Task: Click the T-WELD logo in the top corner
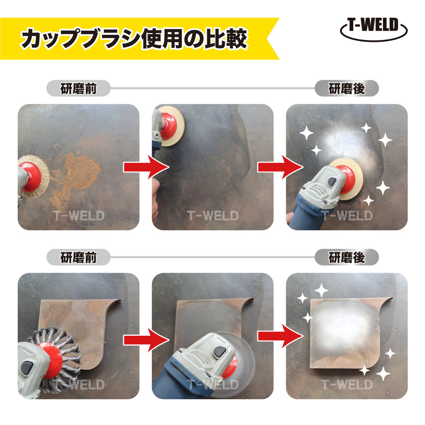click(373, 29)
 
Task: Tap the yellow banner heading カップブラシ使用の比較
click(135, 38)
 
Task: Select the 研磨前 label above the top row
click(78, 88)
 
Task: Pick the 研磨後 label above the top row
click(346, 88)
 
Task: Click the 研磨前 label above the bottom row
click(78, 257)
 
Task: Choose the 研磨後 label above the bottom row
click(346, 257)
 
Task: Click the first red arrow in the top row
click(146, 167)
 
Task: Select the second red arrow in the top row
click(280, 167)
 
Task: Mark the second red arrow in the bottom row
click(280, 337)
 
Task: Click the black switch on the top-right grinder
click(332, 182)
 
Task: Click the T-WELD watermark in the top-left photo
click(79, 216)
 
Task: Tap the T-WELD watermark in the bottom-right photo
click(347, 384)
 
